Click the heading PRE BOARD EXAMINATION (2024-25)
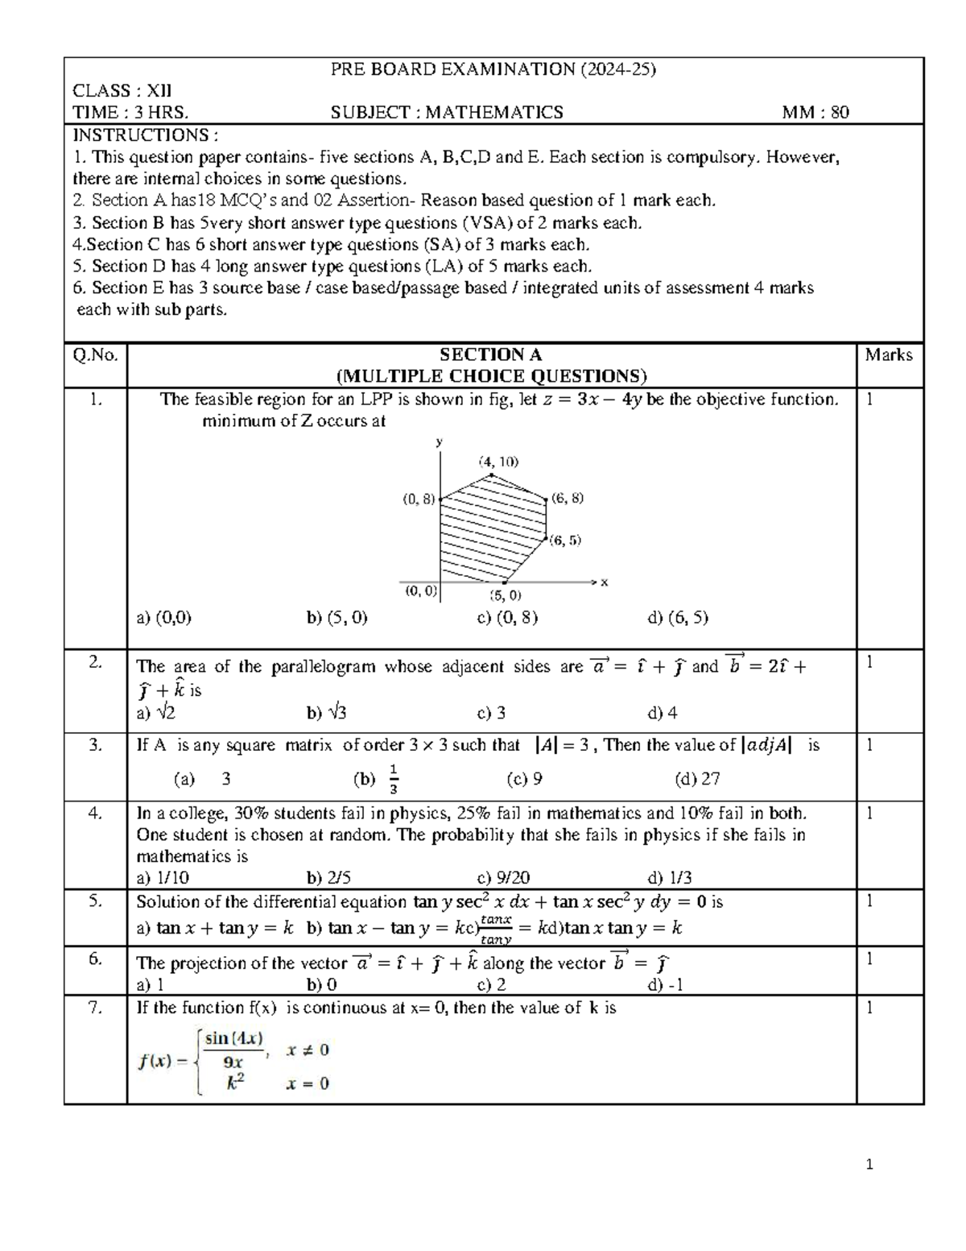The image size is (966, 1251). point(493,69)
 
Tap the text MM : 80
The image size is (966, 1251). point(815,113)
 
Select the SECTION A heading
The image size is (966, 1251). point(491,354)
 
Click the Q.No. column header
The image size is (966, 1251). point(95,355)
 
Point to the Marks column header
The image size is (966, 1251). point(888,354)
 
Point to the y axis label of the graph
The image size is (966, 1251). point(440,442)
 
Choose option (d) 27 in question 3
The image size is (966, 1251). point(697,779)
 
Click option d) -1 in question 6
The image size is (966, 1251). point(665,984)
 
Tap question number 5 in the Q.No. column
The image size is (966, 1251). point(95,901)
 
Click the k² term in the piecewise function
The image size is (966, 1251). point(234,1083)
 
